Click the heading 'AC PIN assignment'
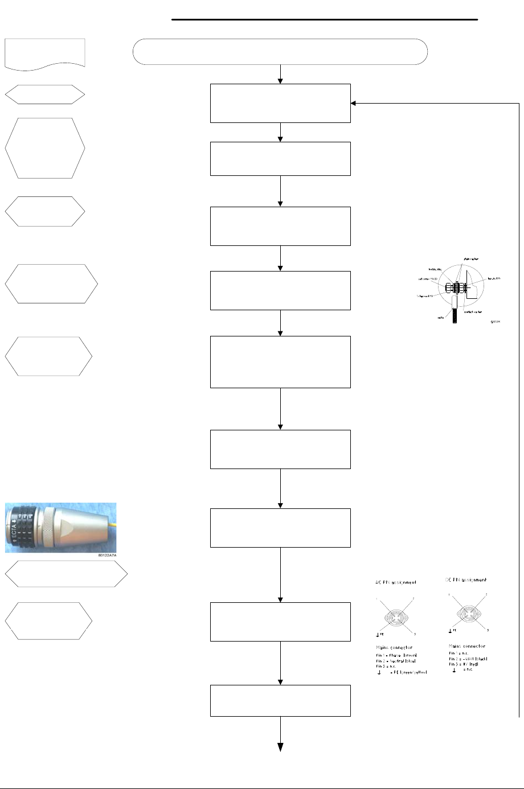395,582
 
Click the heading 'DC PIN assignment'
466,580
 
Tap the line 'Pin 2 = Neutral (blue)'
396,660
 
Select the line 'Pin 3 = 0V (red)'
466,664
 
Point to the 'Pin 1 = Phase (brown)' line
396,655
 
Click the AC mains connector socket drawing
395,616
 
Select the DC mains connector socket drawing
467,614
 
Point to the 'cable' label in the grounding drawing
440,318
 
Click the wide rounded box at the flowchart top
280,52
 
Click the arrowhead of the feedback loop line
354,103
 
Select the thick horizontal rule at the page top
325,19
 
